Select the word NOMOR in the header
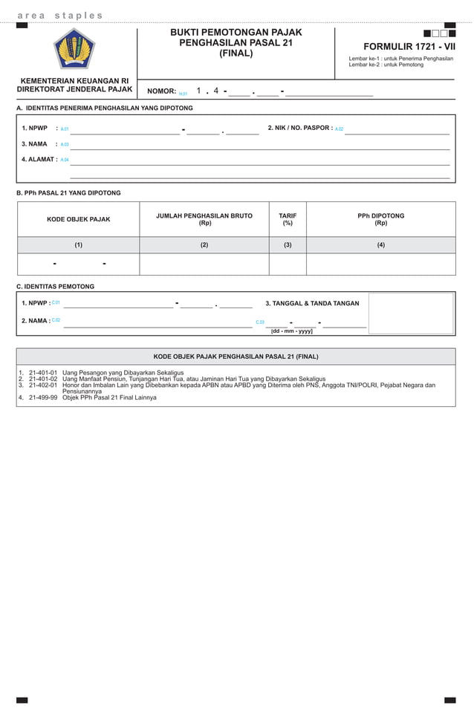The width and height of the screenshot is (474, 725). point(161,91)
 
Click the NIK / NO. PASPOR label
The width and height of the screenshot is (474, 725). point(299,128)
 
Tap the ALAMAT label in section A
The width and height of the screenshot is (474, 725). point(38,159)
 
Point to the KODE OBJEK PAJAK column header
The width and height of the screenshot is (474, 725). point(78,219)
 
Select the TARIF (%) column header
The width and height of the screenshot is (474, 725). point(288,219)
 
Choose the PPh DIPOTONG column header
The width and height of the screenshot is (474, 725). point(380,219)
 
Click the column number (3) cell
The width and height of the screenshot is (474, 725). point(288,244)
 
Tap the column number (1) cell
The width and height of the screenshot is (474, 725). point(78,244)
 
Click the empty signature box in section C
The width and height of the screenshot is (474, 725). point(411,313)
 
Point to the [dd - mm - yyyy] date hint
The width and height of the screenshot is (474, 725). point(291,331)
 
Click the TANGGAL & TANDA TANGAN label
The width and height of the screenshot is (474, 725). point(312,303)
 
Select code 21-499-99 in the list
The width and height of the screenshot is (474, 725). point(43,397)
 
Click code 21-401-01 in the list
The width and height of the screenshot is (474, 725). point(43,372)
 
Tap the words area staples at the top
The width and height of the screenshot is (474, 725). point(60,16)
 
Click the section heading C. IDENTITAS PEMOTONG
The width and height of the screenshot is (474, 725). point(55,286)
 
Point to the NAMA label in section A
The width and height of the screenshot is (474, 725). point(34,144)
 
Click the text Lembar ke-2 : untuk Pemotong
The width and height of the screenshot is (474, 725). point(386,65)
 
